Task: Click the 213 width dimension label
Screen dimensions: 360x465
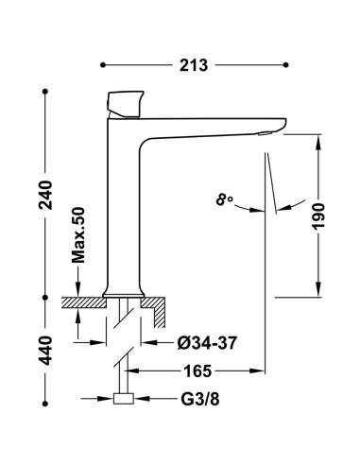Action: point(194,65)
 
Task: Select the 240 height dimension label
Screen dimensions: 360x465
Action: point(46,195)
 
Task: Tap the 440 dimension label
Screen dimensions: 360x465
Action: point(46,351)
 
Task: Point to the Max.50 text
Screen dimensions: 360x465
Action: point(78,235)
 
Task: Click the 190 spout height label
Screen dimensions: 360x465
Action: point(318,216)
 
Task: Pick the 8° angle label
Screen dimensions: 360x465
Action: point(224,199)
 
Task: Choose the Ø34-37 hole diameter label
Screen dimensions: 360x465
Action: point(206,343)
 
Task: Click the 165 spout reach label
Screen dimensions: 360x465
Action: point(197,371)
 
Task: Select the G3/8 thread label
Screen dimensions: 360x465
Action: point(200,399)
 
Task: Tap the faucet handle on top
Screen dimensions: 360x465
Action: point(125,104)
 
